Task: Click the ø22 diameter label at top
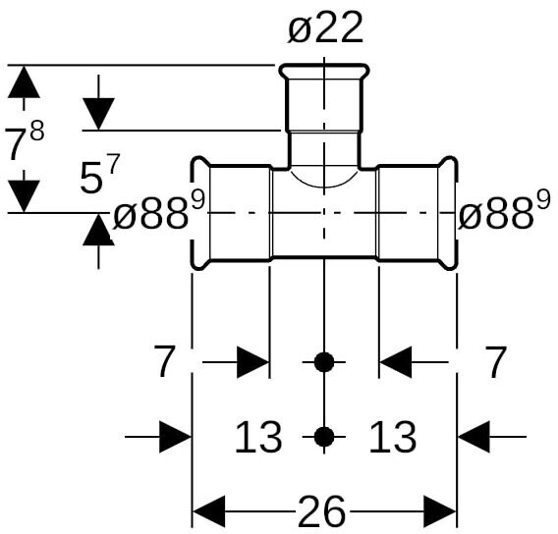pos(325,28)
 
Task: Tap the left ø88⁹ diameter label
pos(159,211)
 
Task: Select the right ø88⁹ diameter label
pos(504,211)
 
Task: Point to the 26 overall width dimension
pos(321,511)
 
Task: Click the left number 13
pos(258,437)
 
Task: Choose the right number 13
pos(393,437)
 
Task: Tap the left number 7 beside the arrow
pos(165,362)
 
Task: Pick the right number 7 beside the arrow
pos(496,362)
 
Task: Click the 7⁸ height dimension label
pos(25,139)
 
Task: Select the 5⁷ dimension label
pos(99,173)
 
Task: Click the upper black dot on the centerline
pos(324,362)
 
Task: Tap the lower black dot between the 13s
pos(324,437)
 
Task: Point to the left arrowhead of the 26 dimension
pos(208,511)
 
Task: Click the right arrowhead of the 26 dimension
pos(440,511)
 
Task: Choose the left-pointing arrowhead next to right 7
pos(396,362)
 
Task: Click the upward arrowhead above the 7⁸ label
pos(24,81)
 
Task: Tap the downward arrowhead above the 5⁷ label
pos(98,114)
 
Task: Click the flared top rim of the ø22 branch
pos(324,72)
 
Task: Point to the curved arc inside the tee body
pos(324,187)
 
